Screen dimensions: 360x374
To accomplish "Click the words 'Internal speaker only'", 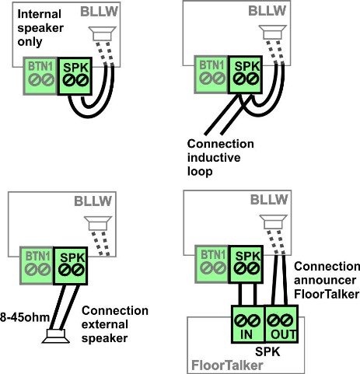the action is (40, 28).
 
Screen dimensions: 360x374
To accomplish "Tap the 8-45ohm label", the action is (25, 317).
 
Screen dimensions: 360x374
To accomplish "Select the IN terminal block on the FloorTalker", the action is (247, 324).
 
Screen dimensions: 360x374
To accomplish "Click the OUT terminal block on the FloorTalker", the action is (281, 324).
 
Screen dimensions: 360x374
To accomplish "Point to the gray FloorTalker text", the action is (227, 365).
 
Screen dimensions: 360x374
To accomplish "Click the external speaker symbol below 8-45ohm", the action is (56, 336).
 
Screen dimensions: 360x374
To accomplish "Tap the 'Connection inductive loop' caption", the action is (220, 158).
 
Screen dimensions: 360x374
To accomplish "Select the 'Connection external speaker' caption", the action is (115, 324).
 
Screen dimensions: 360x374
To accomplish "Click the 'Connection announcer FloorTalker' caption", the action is (327, 280).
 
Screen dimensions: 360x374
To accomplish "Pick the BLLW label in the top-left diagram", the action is (100, 12).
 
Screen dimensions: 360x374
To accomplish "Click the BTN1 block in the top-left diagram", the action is (40, 75).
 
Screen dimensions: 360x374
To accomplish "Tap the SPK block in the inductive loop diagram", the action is (245, 75).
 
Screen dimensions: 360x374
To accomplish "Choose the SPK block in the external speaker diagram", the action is (70, 266).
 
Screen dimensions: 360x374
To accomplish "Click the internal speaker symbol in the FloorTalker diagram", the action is (274, 222).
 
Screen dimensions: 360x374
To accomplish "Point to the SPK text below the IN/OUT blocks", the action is (267, 351).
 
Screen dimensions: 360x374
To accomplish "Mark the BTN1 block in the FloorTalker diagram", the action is (211, 264).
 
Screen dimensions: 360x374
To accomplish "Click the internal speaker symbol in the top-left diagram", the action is (103, 33).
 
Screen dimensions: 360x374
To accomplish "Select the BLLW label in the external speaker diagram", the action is (93, 201).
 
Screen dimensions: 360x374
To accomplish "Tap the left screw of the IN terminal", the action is (240, 320).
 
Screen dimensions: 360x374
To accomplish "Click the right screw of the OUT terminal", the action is (287, 320).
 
